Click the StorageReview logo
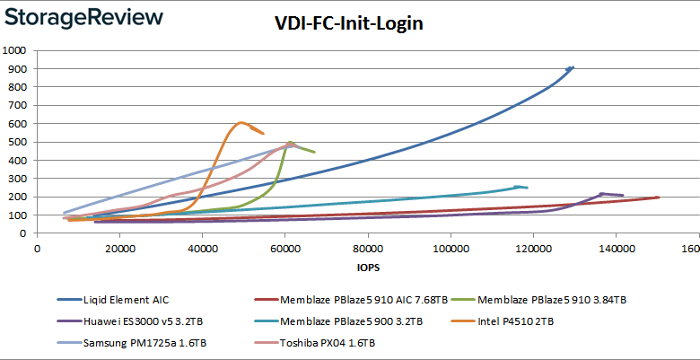tap(83, 17)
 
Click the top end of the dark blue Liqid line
tap(572, 67)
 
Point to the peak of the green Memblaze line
tap(289, 142)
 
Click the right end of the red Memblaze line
tap(658, 198)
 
